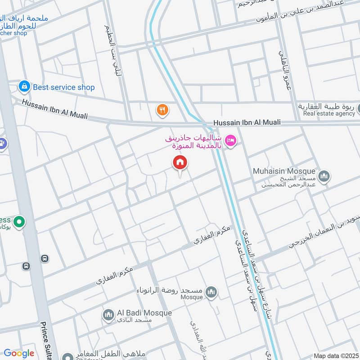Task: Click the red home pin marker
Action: (x=180, y=162)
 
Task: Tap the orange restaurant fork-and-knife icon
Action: (x=162, y=109)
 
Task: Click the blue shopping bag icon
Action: (x=24, y=86)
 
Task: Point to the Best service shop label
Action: (x=63, y=87)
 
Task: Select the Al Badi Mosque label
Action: (x=144, y=313)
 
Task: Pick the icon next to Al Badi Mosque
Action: (x=108, y=315)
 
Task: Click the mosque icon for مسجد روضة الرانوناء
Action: (x=211, y=293)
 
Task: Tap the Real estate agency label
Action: (x=329, y=114)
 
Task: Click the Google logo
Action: (x=19, y=353)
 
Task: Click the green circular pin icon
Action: (x=19, y=221)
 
